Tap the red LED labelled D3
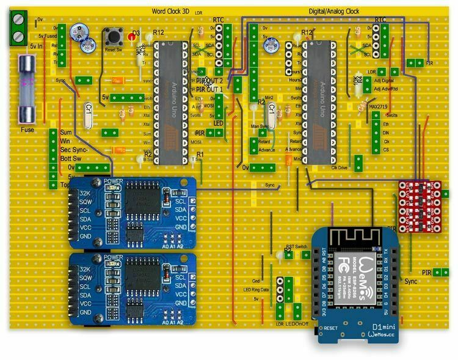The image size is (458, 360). click(x=131, y=38)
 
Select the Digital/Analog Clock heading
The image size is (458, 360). click(x=330, y=12)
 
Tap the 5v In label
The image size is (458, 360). click(x=37, y=46)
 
